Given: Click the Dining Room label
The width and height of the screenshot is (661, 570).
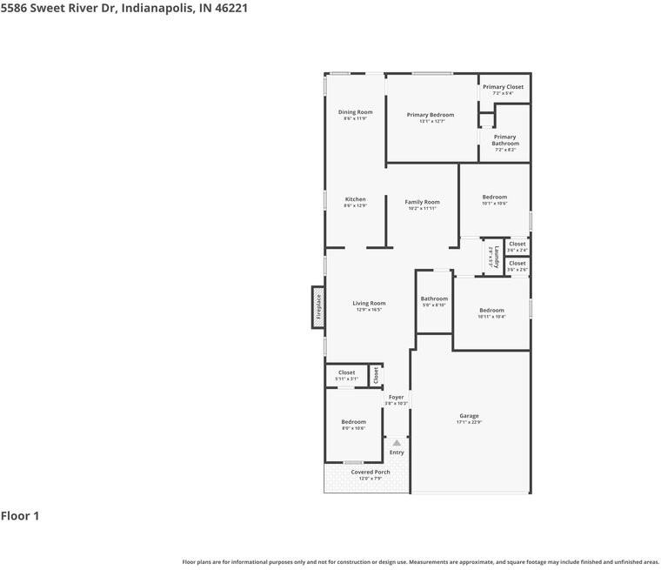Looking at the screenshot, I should pos(355,112).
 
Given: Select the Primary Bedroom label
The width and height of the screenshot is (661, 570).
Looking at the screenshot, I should pos(431,115).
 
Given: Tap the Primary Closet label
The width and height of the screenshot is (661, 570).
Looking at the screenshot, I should pos(503,87).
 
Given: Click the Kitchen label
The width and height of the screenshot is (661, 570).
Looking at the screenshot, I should pos(355,199).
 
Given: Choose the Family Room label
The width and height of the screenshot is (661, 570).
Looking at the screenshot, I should pos(422,202).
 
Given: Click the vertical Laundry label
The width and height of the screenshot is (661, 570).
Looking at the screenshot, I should pos(497,257).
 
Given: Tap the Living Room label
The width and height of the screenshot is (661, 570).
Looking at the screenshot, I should pos(369,304).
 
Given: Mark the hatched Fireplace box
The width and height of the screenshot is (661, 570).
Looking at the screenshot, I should pos(318,307).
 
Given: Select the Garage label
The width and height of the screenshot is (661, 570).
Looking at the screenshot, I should pos(469,416).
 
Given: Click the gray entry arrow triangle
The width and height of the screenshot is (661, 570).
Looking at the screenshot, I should pos(397,443).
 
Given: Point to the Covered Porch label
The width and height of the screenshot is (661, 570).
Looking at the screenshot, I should pos(371,472).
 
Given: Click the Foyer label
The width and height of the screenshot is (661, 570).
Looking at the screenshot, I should pos(396,397).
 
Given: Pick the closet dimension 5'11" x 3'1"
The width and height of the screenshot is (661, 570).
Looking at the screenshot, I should pos(346,379).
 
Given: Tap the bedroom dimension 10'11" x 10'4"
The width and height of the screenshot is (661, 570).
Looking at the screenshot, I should pos(491,317).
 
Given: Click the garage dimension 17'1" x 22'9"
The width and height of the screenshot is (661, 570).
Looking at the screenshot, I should pos(469,422).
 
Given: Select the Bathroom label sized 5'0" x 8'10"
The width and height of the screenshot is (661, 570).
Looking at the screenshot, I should pos(434,298).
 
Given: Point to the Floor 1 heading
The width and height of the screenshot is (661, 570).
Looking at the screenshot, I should pos(20,516).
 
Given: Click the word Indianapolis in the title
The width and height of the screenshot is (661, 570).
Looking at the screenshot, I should pos(156,9).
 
